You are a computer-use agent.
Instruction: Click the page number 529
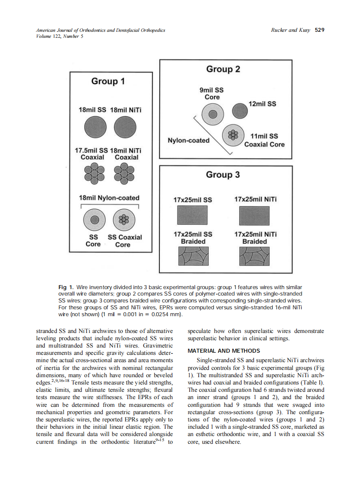coord(320,30)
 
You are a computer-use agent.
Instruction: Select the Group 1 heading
coord(108,81)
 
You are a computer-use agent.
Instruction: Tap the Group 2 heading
coord(223,69)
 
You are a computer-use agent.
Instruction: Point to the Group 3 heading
coord(223,174)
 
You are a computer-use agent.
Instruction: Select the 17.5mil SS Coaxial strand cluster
coord(92,174)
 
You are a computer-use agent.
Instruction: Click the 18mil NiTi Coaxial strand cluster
coord(125,174)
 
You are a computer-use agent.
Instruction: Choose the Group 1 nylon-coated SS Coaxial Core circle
coord(123,220)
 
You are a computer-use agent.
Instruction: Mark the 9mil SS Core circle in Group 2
coord(213,114)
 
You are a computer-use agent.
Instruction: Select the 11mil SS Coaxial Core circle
coord(233,135)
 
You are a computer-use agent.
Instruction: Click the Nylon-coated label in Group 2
coord(188,140)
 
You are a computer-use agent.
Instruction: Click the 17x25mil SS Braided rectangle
coord(192,257)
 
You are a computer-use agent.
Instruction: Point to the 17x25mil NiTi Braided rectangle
coord(254,257)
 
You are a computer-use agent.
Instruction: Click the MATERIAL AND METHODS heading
coord(224,351)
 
